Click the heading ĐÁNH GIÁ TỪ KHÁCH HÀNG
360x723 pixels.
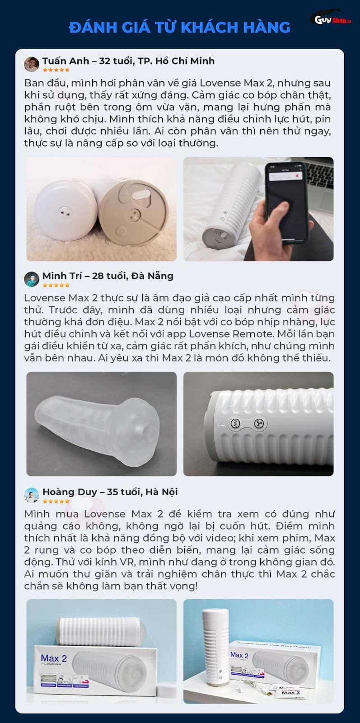click(x=180, y=28)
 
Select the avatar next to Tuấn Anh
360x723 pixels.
click(x=32, y=64)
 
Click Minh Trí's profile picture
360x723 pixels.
click(x=32, y=279)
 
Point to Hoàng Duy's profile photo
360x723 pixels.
click(x=32, y=495)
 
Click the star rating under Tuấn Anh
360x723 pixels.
click(x=56, y=70)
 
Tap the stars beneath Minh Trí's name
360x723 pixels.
click(x=56, y=285)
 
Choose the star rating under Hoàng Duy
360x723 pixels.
click(x=56, y=501)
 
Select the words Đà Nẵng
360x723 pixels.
click(x=154, y=276)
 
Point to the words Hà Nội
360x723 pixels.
click(x=161, y=492)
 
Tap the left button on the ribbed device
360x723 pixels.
click(x=235, y=424)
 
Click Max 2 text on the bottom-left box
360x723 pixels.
click(x=54, y=658)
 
